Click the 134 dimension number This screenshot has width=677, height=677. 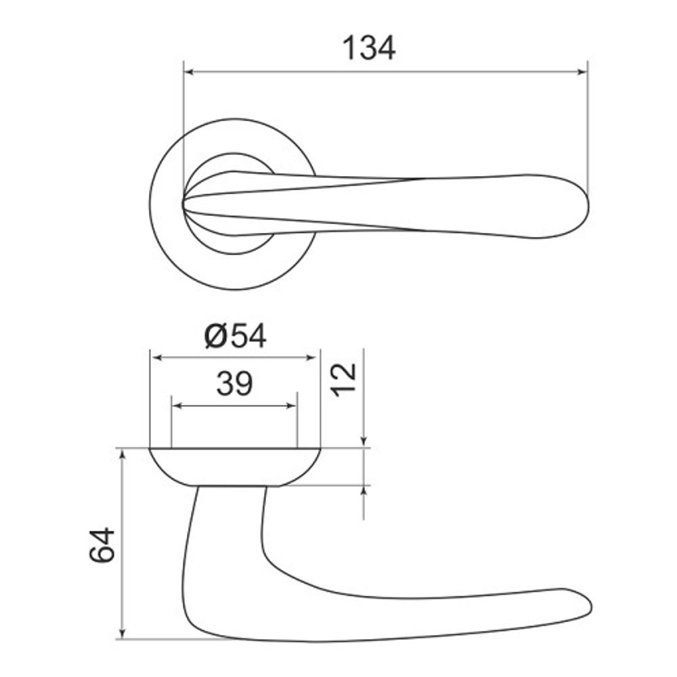pyautogui.click(x=369, y=49)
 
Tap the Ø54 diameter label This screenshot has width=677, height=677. pyautogui.click(x=236, y=336)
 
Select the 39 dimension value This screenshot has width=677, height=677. pyautogui.click(x=234, y=385)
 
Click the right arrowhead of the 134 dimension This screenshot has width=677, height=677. pyautogui.click(x=582, y=71)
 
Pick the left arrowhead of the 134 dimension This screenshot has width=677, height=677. pyautogui.click(x=189, y=71)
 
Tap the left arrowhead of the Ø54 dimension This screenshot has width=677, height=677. pyautogui.click(x=155, y=357)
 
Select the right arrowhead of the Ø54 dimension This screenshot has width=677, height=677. pyautogui.click(x=313, y=357)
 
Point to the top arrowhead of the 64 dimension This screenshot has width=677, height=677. pyautogui.click(x=122, y=454)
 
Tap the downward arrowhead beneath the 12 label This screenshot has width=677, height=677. pyautogui.click(x=364, y=442)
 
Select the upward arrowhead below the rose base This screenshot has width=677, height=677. pyautogui.click(x=364, y=491)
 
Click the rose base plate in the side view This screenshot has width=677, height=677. pyautogui.click(x=234, y=466)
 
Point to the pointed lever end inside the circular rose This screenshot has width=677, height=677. pyautogui.click(x=187, y=202)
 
